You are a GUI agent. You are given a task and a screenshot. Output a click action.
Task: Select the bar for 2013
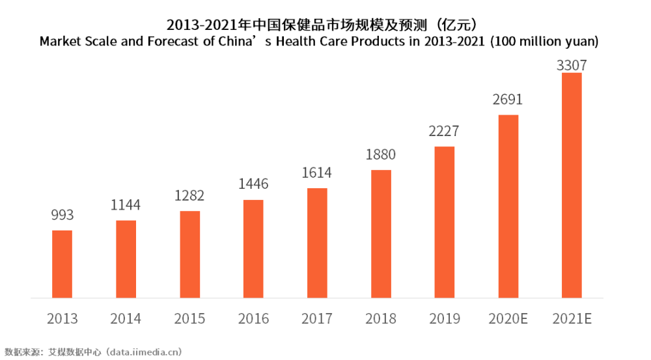click(x=62, y=264)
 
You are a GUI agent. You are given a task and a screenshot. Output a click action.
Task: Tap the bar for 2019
click(x=445, y=222)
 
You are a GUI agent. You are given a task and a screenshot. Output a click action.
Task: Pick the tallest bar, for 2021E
click(x=572, y=186)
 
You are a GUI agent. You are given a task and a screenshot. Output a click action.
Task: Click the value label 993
click(x=62, y=215)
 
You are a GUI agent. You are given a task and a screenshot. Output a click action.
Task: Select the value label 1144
click(x=126, y=205)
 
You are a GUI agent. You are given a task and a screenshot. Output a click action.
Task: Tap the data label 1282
click(x=189, y=195)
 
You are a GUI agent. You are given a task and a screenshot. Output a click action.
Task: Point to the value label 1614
click(x=317, y=173)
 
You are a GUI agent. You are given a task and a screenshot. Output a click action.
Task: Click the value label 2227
click(x=444, y=131)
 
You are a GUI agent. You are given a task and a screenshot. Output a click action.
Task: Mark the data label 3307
click(x=572, y=65)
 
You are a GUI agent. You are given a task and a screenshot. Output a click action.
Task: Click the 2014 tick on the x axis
click(x=126, y=319)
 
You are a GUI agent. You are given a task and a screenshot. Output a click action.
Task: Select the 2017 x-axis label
click(x=317, y=319)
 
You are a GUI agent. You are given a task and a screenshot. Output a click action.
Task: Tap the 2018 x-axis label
click(x=381, y=319)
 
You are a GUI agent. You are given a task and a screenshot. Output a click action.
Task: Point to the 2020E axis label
click(x=508, y=319)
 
